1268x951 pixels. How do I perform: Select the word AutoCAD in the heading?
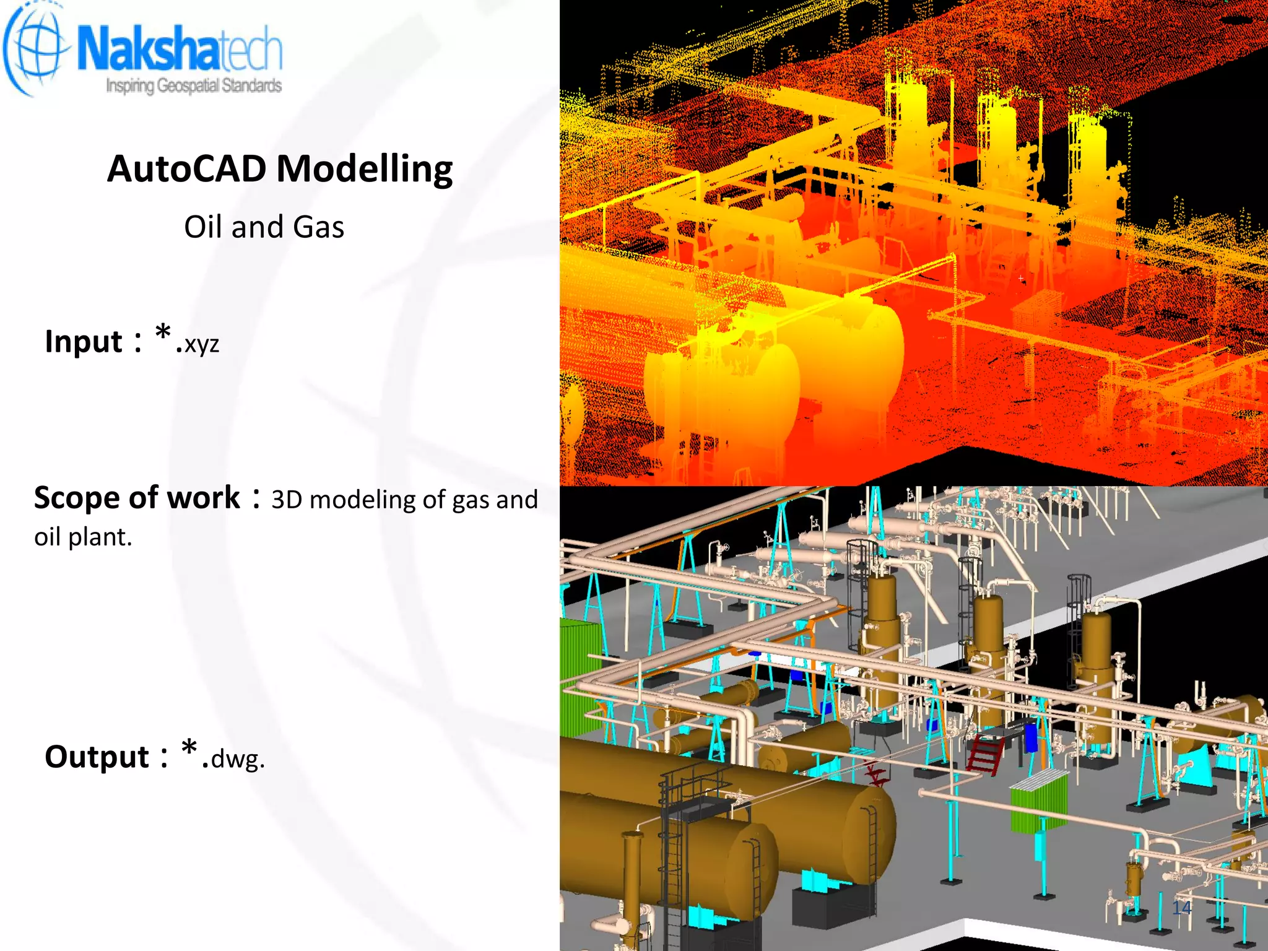(186, 168)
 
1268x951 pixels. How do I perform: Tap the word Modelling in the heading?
(365, 168)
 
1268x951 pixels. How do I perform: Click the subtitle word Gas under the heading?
(318, 227)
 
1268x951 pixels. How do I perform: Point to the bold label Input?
(84, 342)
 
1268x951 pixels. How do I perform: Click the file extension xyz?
(201, 344)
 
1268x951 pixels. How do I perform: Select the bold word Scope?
(77, 498)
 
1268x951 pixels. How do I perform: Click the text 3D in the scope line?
(286, 500)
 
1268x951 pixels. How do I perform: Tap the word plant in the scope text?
(100, 537)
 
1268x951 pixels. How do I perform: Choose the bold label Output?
(97, 757)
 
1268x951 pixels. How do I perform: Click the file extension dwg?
(237, 758)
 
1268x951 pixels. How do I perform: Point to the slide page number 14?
(1181, 908)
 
